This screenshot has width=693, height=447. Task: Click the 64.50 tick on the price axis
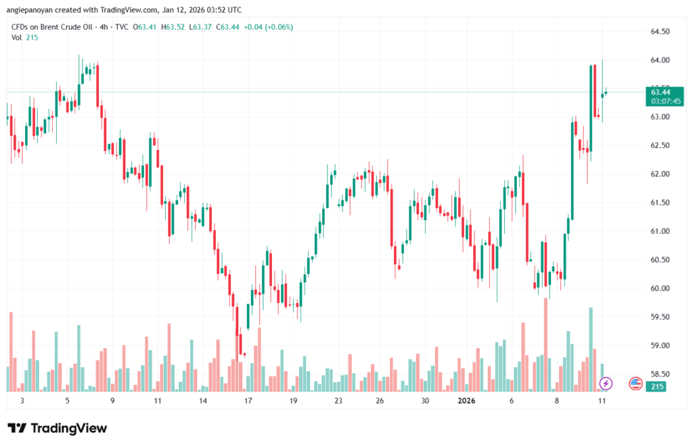[x=660, y=32]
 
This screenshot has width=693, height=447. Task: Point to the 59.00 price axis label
[x=660, y=346]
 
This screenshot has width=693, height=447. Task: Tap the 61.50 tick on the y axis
[x=660, y=203]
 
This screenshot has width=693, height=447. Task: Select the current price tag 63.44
[x=661, y=92]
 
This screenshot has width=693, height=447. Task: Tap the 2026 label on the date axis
[x=467, y=401]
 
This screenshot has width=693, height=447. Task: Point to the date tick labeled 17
[x=248, y=401]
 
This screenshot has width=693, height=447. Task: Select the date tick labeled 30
[x=424, y=401]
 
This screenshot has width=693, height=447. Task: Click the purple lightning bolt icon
[x=606, y=383]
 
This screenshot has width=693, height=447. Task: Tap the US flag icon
[x=635, y=383]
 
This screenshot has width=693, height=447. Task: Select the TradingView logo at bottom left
[x=58, y=428]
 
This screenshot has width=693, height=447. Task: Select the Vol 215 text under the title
[x=24, y=37]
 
